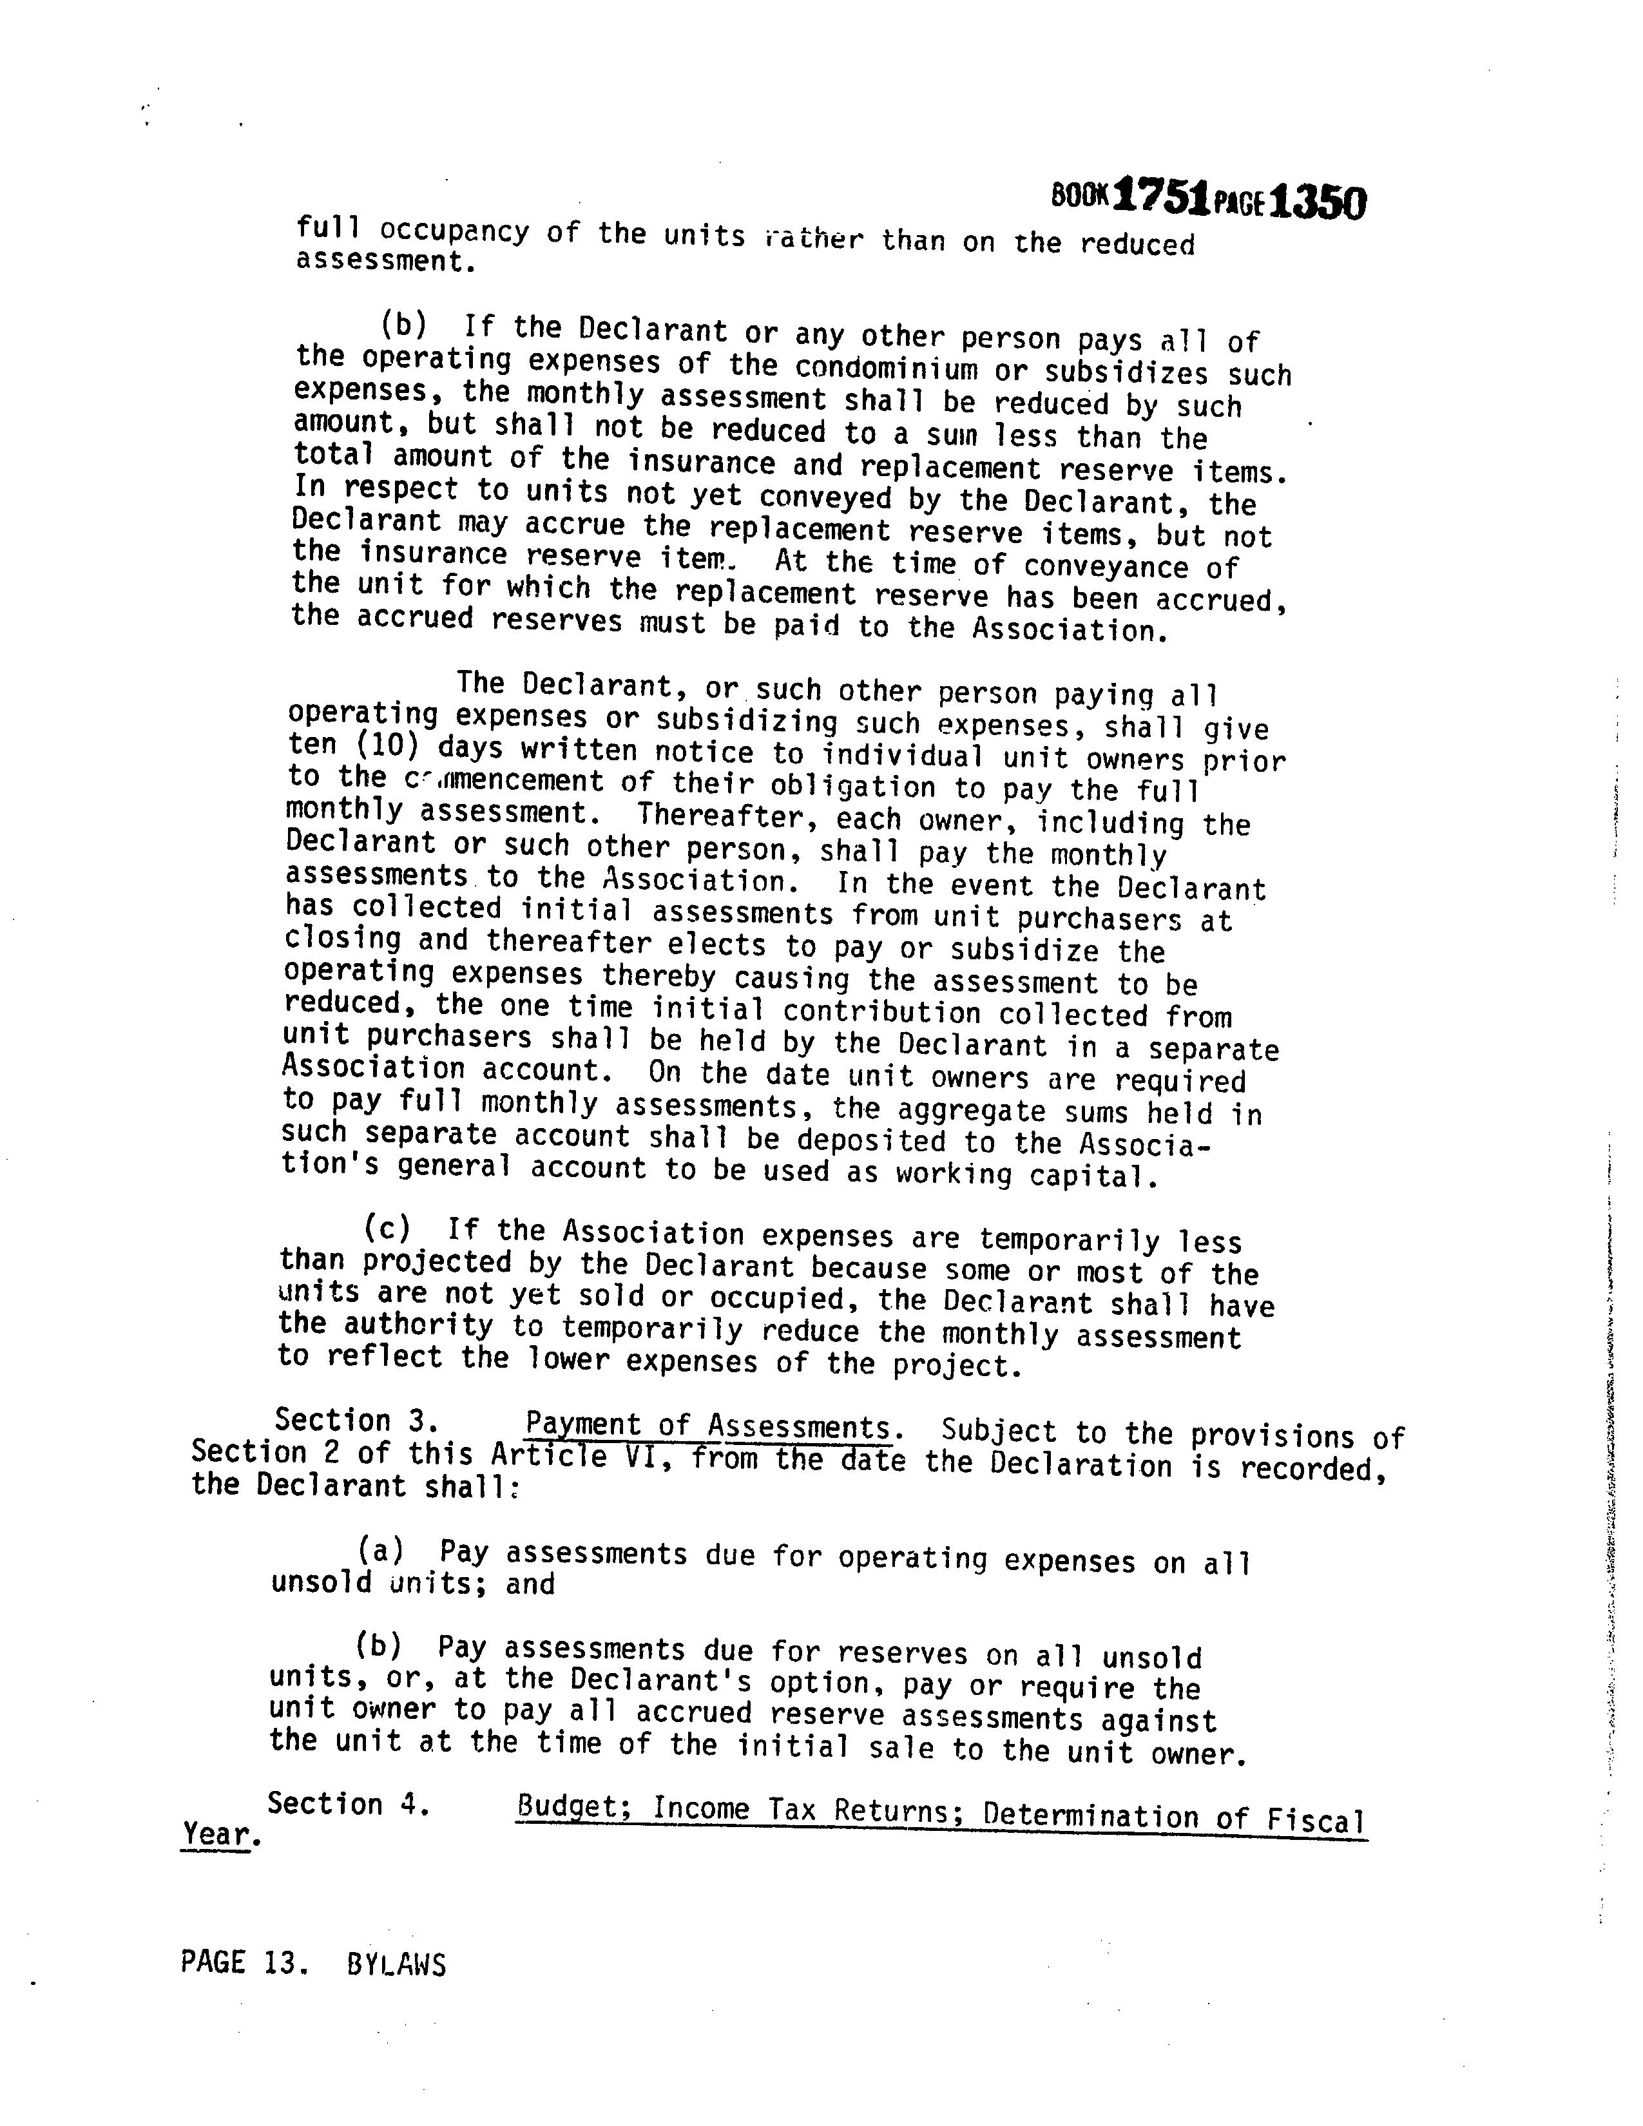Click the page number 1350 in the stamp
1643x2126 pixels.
1318,202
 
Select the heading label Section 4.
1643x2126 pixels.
347,1804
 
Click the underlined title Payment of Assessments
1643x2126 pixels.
709,1427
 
